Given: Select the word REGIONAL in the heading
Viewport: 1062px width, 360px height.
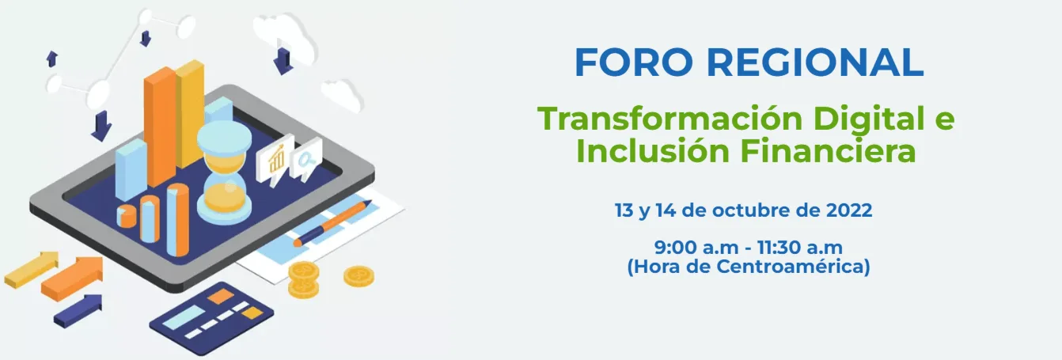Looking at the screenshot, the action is [815, 63].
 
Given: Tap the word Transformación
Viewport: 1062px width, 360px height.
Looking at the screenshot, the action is [669, 119].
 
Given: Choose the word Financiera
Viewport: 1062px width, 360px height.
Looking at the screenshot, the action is [828, 151].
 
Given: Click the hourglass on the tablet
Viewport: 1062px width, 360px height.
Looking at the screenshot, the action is [224, 172].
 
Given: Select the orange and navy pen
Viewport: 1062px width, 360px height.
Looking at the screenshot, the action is [332, 223].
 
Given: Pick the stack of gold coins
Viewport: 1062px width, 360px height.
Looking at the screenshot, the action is [303, 280].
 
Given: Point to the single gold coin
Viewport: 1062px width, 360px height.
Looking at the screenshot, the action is [358, 275].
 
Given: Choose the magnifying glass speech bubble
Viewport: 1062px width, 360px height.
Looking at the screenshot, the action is [305, 159].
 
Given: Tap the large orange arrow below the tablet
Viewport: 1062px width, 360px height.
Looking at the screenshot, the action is [72, 279].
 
